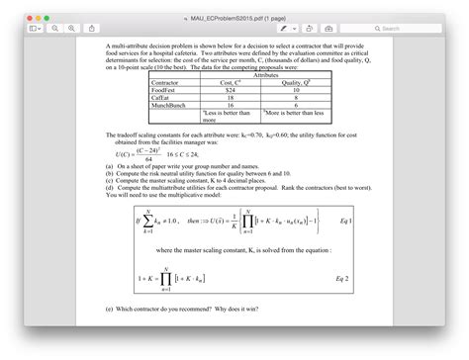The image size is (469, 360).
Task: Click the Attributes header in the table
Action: (265, 73)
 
